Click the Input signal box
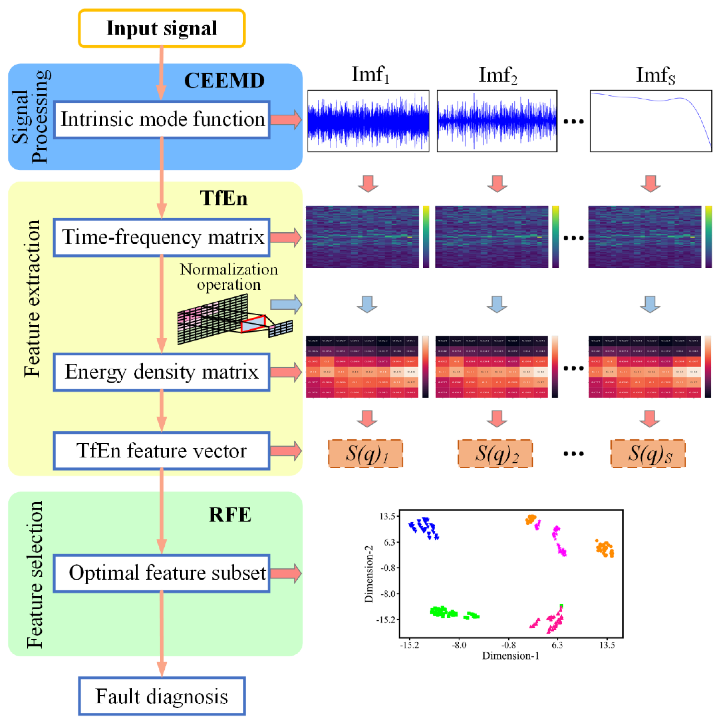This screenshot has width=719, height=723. pos(161,28)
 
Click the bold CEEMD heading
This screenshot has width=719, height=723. pos(224,80)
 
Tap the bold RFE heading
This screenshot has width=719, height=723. pos(230,515)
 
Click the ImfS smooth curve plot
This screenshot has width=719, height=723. pos(651,121)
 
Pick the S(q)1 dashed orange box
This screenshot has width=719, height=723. pos(365,453)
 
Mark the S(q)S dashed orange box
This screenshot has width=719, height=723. pos(648,453)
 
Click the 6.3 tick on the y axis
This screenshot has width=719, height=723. pos(390,542)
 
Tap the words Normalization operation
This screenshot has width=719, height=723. pos(229,277)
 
